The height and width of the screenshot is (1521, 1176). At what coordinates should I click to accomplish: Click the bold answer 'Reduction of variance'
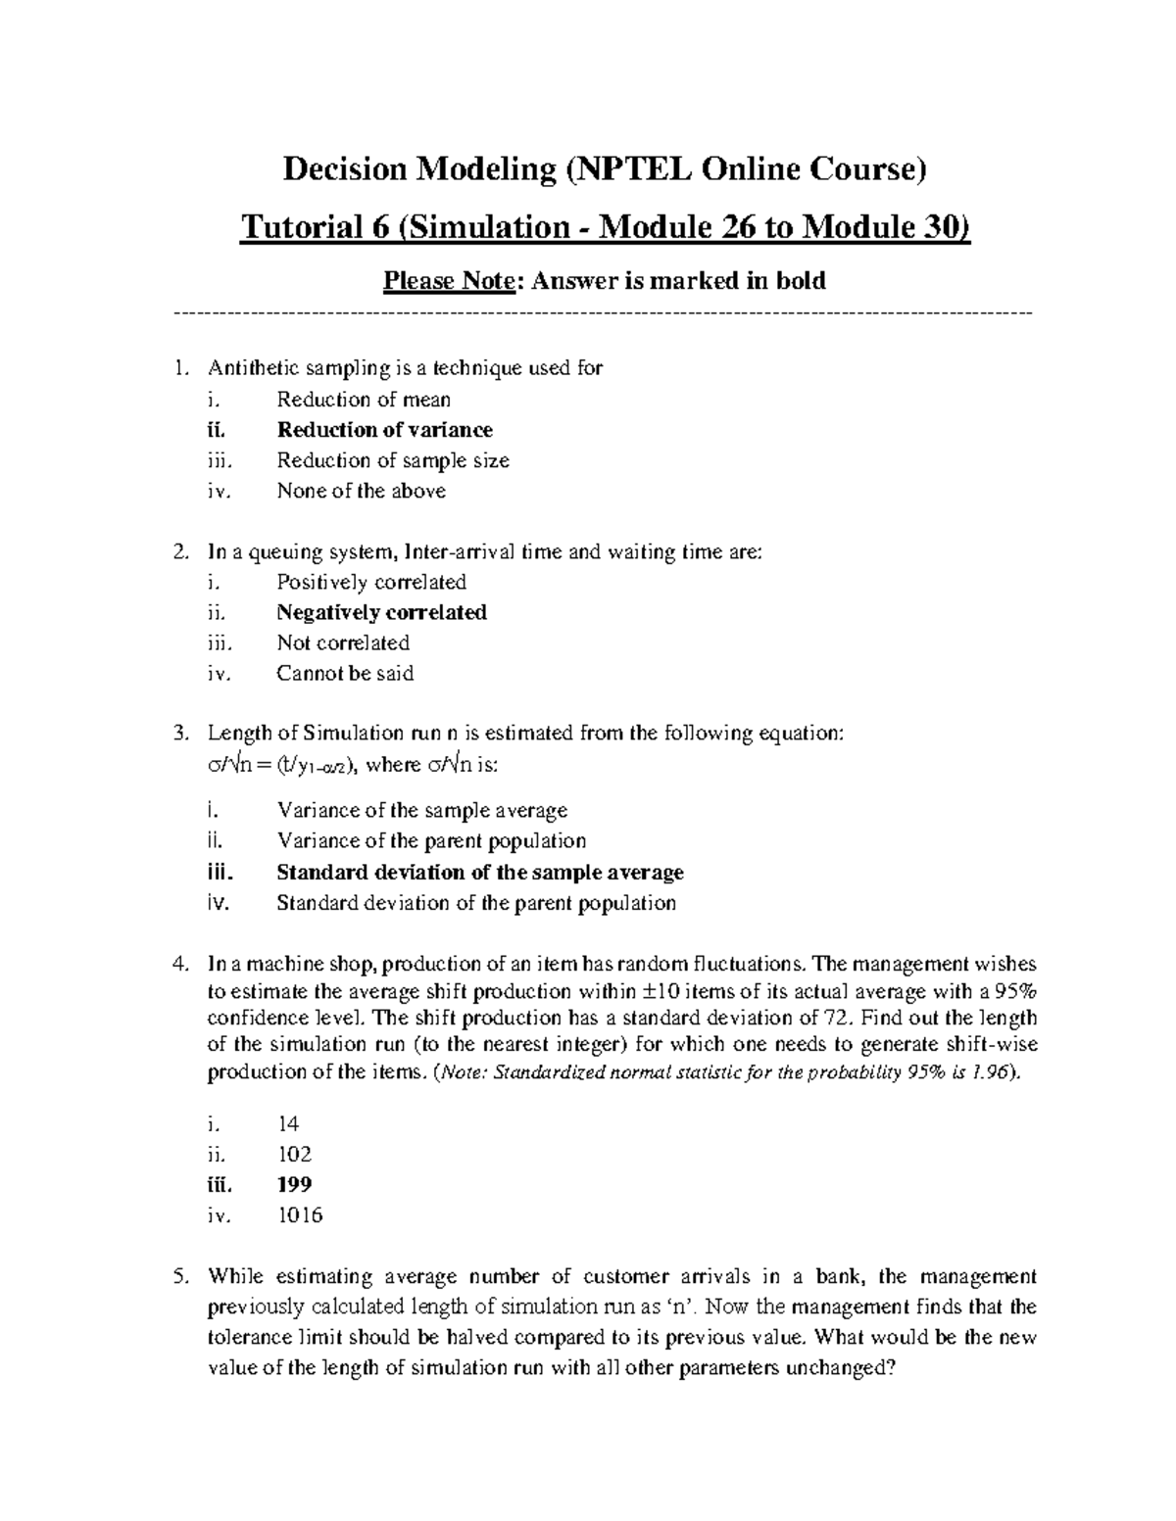[384, 430]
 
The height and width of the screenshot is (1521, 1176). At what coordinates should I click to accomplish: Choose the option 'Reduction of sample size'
[393, 460]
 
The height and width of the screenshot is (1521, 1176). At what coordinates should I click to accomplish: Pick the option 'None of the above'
[361, 491]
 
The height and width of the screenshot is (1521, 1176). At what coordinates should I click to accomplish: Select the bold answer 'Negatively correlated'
[381, 612]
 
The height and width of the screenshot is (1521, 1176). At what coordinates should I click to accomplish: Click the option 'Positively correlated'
[371, 582]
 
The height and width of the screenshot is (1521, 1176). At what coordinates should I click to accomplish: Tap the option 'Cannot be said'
[345, 673]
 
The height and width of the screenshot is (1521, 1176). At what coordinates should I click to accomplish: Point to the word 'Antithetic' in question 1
[248, 368]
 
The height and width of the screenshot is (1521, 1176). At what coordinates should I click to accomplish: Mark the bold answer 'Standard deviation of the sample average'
[480, 872]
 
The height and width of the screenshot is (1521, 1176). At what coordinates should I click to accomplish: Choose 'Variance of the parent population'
[431, 840]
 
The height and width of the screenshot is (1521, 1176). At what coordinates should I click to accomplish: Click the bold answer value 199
[294, 1184]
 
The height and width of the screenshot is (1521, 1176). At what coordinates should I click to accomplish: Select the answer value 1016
[299, 1215]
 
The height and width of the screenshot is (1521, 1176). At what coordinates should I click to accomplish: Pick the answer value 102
[294, 1154]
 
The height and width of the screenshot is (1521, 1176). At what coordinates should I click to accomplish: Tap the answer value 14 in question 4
[288, 1123]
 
